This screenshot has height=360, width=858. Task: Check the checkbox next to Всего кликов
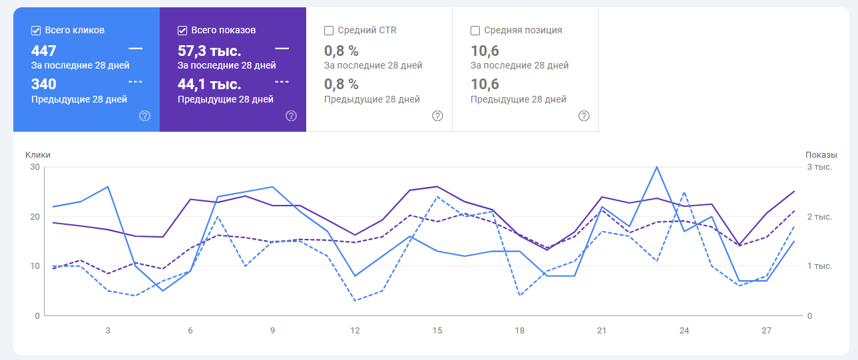click(36, 31)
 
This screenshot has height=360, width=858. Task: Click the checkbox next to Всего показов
click(182, 31)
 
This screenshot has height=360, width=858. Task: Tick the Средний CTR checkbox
click(329, 31)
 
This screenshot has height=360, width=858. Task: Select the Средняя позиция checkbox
click(475, 31)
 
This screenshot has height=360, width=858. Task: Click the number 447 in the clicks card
click(44, 51)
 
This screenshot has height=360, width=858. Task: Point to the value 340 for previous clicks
click(44, 85)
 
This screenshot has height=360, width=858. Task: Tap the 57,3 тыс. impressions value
click(209, 51)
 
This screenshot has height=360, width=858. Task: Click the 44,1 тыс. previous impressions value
click(209, 85)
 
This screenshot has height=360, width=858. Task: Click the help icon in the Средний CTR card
click(437, 116)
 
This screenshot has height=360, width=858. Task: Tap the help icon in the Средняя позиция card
click(584, 116)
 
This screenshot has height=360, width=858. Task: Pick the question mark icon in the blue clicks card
click(144, 116)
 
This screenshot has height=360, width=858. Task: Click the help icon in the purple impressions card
click(291, 116)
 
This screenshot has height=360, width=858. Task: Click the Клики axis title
click(38, 155)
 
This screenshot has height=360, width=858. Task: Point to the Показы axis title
click(821, 155)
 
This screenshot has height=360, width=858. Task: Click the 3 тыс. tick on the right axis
click(819, 167)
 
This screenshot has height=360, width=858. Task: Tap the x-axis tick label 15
click(437, 331)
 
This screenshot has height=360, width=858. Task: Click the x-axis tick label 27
click(766, 331)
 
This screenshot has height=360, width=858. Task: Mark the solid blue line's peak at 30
click(657, 167)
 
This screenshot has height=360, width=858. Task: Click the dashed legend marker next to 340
click(135, 82)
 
